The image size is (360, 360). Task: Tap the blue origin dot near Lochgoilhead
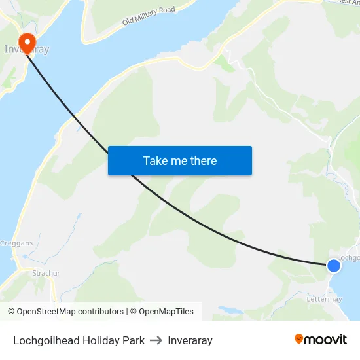(x=334, y=265)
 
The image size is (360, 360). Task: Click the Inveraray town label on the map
(x=26, y=49)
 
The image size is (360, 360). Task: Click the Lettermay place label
(x=324, y=299)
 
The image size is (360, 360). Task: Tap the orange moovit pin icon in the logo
(x=299, y=339)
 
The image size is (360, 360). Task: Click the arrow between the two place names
(x=156, y=340)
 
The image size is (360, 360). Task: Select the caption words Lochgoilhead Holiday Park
(x=79, y=340)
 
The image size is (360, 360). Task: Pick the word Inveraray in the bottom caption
(x=190, y=340)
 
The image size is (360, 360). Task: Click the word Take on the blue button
(x=155, y=160)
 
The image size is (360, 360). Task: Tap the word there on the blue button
(x=203, y=160)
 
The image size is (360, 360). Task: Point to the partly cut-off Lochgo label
(x=348, y=258)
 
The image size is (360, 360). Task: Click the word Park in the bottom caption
(x=133, y=340)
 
